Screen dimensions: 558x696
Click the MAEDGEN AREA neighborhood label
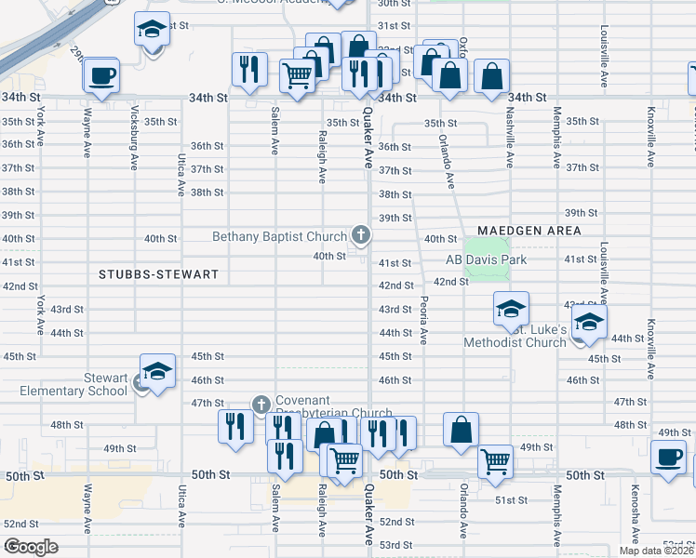529,230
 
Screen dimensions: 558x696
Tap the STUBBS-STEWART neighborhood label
159,274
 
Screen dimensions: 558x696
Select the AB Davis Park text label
486,259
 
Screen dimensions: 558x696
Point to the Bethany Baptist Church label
279,236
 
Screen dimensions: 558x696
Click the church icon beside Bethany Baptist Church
360,236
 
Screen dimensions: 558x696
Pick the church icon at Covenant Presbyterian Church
261,405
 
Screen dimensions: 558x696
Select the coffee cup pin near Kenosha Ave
669,458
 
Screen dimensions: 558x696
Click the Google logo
31,547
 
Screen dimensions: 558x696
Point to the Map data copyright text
657,550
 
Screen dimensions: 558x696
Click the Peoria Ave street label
423,321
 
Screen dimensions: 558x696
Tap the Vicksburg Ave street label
135,143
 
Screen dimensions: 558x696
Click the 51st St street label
511,499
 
